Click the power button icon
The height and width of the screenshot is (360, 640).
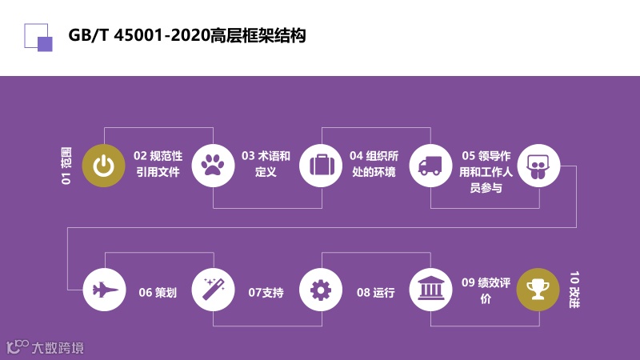point(103,165)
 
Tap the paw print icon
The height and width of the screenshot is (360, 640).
point(212,165)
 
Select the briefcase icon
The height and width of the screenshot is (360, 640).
point(321,165)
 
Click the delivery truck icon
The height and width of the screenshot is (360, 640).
point(430,165)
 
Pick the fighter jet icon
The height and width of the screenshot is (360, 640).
point(103,289)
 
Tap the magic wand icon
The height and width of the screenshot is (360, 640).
point(212,289)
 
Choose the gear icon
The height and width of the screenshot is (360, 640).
point(321,289)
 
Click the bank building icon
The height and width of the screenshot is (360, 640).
point(430,289)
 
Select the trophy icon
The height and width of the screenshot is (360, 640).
point(538,289)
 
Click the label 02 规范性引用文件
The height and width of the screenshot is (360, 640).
point(158,163)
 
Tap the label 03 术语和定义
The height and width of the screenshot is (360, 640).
point(266,163)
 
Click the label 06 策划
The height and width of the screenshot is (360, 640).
point(158,293)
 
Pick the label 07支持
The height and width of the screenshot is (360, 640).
point(266,293)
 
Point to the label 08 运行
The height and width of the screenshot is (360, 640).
point(375,293)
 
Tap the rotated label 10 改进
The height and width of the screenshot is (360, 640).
point(574,289)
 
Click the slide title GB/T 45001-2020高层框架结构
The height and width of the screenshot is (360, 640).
point(187,36)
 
